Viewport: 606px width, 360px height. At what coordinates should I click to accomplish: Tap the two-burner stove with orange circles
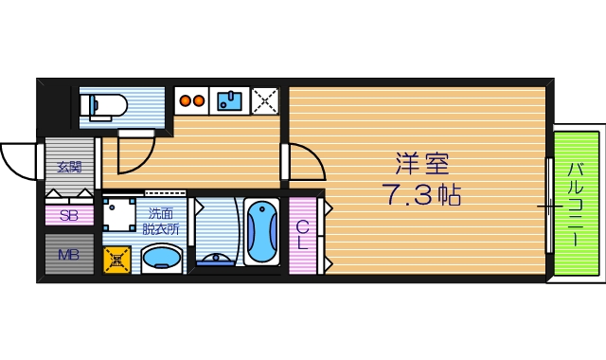click(x=192, y=98)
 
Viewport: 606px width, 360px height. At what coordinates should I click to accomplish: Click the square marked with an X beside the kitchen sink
click(x=264, y=99)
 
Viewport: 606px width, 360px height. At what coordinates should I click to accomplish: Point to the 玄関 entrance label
click(x=69, y=168)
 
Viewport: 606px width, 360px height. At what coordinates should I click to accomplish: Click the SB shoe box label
click(x=68, y=215)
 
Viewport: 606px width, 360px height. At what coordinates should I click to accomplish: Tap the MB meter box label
click(x=68, y=254)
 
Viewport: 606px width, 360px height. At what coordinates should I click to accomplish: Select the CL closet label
click(x=303, y=234)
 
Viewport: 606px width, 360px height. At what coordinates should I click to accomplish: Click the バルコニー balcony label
click(x=576, y=205)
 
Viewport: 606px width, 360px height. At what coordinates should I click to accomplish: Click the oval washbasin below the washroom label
click(x=162, y=258)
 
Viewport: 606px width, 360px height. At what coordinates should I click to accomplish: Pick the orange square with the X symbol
click(x=117, y=257)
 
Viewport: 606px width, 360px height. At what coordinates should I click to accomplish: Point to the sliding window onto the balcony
click(x=549, y=205)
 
